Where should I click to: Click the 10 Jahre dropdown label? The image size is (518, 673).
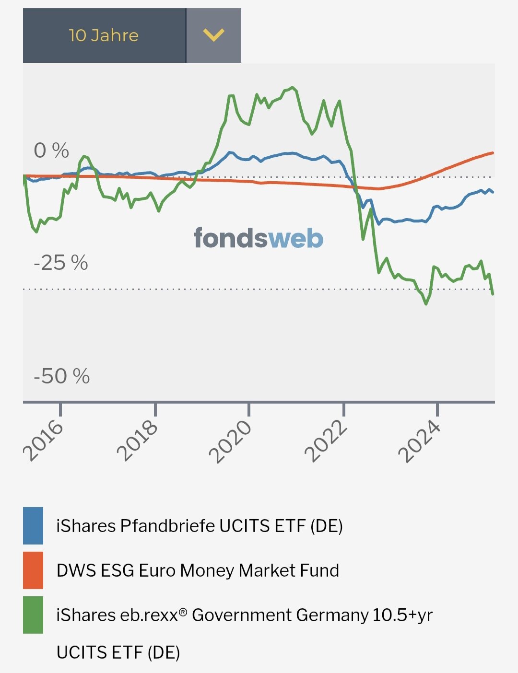pos(104,35)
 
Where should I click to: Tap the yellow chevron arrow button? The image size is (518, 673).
pos(213,35)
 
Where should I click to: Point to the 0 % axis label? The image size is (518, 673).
pos(51,151)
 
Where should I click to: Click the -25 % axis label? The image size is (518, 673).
pos(61,263)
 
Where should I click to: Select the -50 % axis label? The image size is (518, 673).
pos(62,376)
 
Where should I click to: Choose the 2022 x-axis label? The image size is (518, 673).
pos(326,441)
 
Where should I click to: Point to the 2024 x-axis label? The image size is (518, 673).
pos(420,441)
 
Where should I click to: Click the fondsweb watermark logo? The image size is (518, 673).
pos(259,238)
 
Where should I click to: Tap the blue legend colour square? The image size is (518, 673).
pos(33,525)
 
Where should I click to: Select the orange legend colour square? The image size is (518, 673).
pos(33,570)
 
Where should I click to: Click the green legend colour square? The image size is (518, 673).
pos(33,615)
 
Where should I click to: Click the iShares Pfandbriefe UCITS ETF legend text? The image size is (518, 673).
pos(200,526)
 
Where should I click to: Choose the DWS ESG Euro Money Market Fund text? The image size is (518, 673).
pos(198,570)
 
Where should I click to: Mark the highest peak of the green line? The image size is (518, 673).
pos(293,87)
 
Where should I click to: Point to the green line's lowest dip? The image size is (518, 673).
pos(426,304)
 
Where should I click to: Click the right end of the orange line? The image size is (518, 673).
pos(493,153)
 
